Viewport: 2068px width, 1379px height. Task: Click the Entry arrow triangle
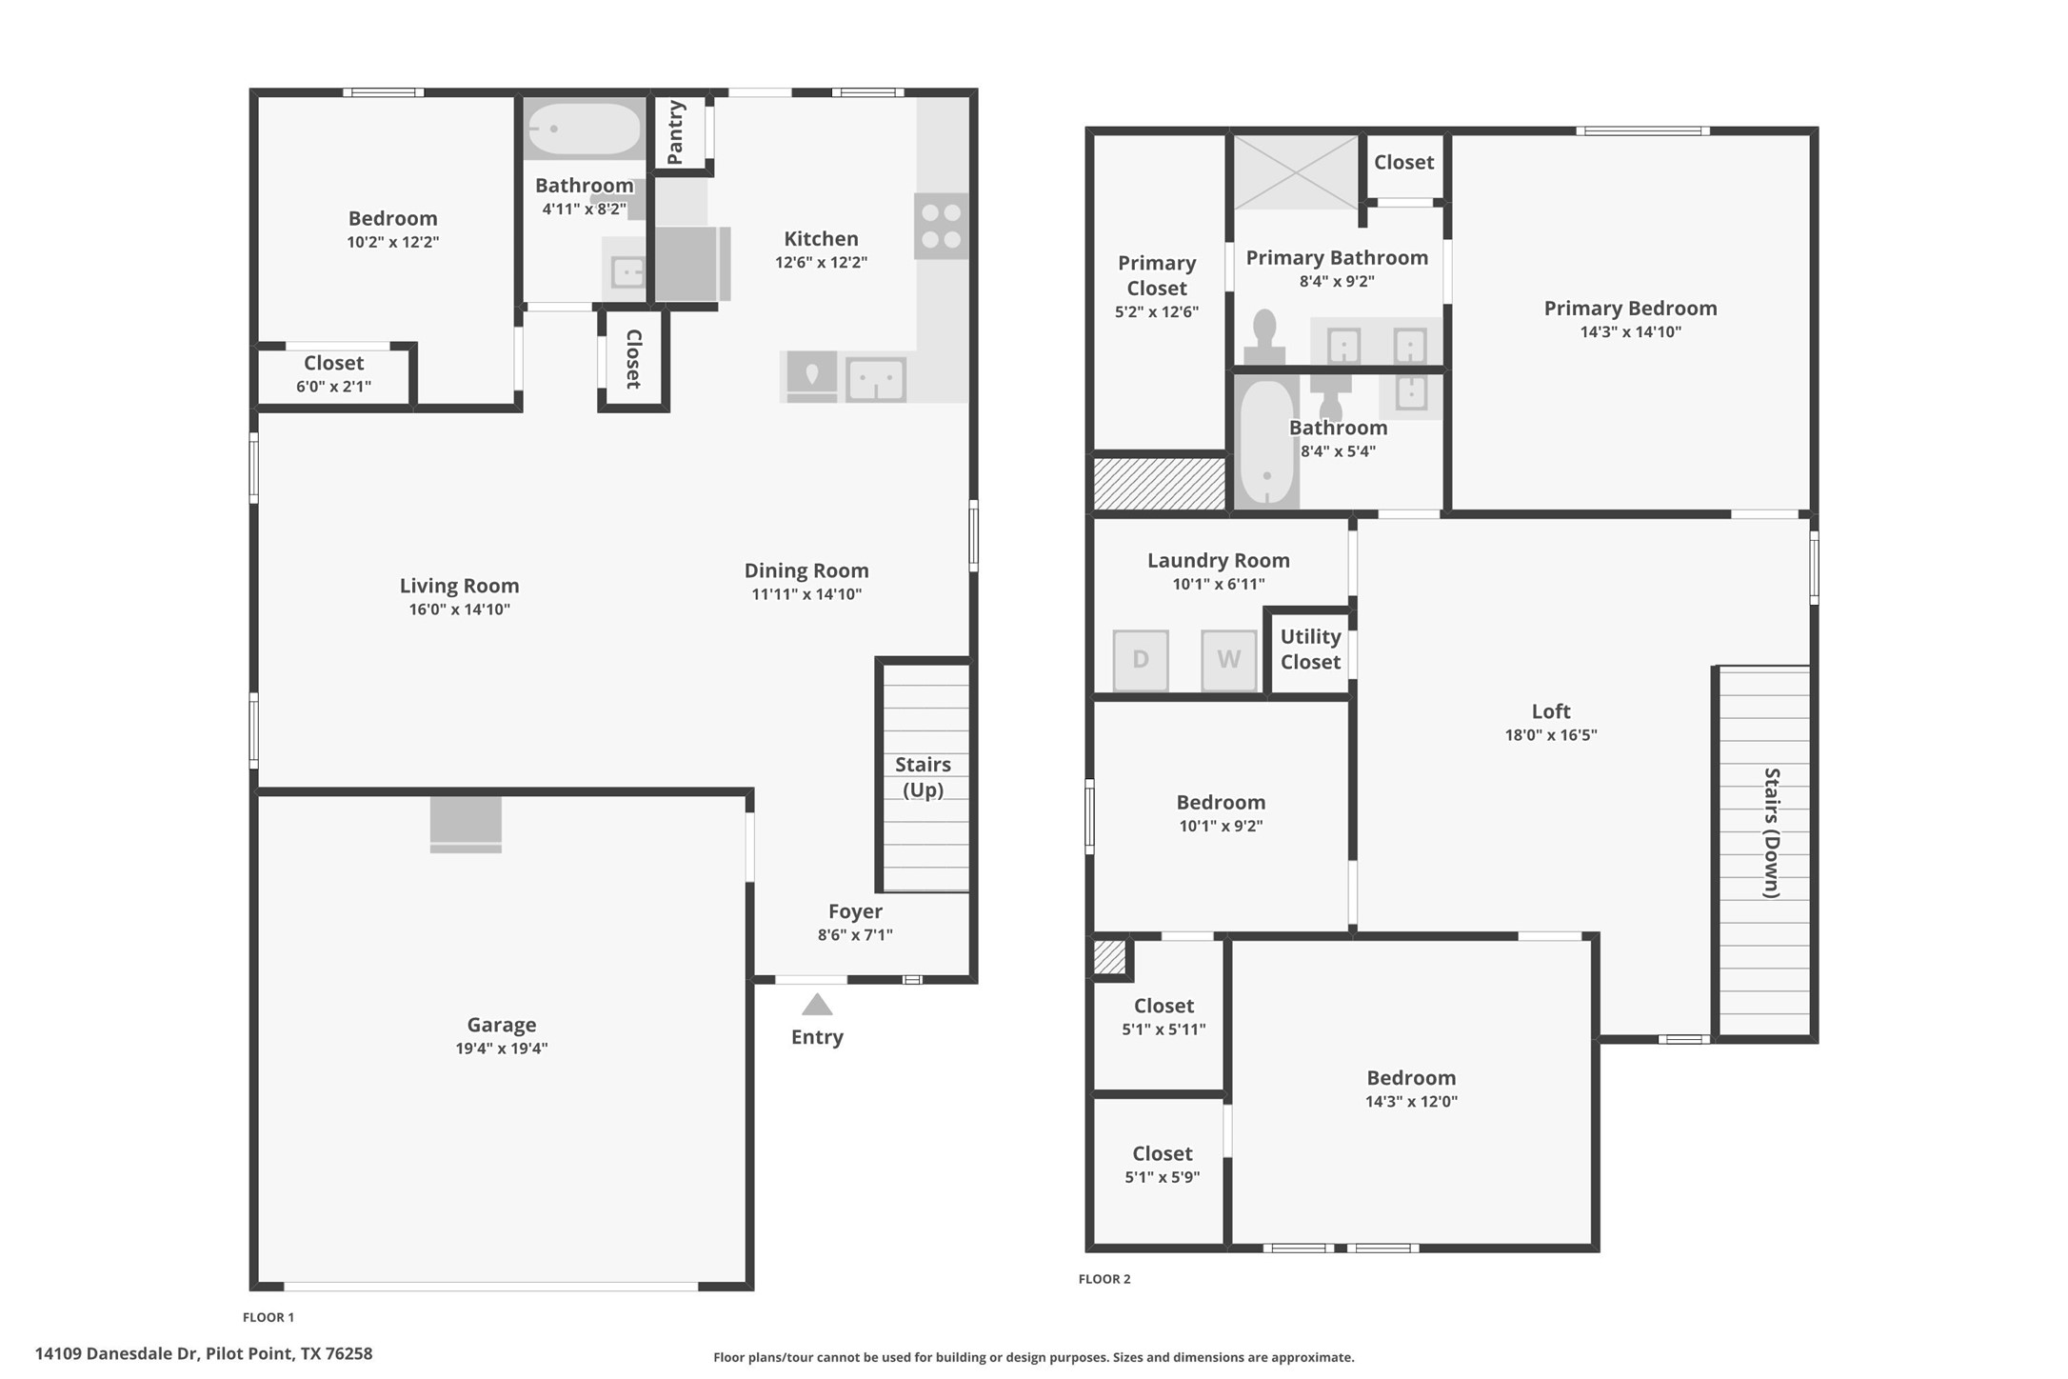pyautogui.click(x=817, y=1005)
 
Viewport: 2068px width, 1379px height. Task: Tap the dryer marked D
pyautogui.click(x=1141, y=659)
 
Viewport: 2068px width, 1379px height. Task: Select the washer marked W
pyautogui.click(x=1228, y=659)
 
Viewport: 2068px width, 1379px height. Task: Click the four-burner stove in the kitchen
pyautogui.click(x=941, y=227)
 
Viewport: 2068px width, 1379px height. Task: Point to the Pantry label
pyautogui.click(x=676, y=132)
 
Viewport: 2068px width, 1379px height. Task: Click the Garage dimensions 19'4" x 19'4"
pyautogui.click(x=501, y=1049)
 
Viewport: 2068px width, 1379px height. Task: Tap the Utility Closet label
pyautogui.click(x=1310, y=650)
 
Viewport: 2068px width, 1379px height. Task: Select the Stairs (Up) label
pyautogui.click(x=923, y=777)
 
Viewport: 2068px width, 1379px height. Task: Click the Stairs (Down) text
pyautogui.click(x=1771, y=832)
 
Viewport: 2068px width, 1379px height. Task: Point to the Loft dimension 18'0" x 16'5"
pyautogui.click(x=1550, y=735)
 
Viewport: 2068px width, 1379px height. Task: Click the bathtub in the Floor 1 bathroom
pyautogui.click(x=584, y=129)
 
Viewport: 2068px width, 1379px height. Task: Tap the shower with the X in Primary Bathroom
pyautogui.click(x=1296, y=172)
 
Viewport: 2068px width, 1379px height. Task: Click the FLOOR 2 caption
pyautogui.click(x=1104, y=1279)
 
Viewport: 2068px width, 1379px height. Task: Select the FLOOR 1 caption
pyautogui.click(x=268, y=1317)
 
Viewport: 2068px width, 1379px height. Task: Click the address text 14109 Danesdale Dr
pyautogui.click(x=203, y=1353)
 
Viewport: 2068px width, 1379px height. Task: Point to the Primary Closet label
pyautogui.click(x=1156, y=275)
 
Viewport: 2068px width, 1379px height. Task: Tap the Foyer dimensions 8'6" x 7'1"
pyautogui.click(x=854, y=935)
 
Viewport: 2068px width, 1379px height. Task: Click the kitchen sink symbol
pyautogui.click(x=875, y=379)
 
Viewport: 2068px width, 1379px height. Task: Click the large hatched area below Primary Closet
pyautogui.click(x=1159, y=483)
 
